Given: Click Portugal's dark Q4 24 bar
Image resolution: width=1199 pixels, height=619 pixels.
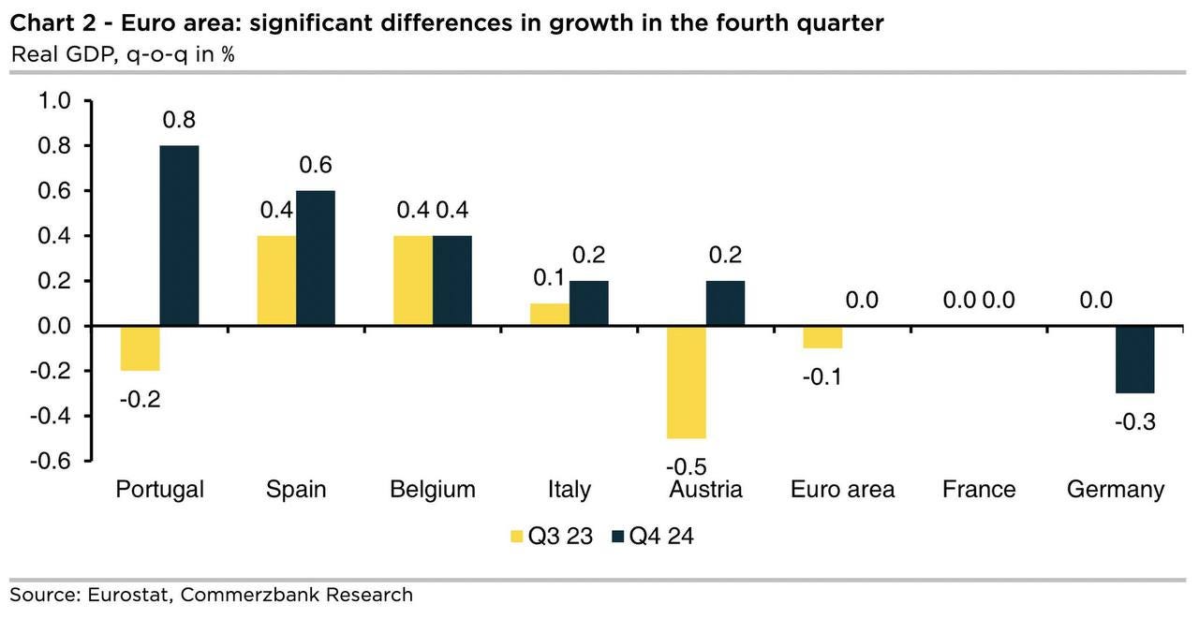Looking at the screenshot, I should point(179,235).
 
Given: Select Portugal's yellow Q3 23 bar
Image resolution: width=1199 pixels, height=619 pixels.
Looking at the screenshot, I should point(141,348).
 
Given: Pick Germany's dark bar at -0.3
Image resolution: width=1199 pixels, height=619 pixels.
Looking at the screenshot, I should point(1134,360).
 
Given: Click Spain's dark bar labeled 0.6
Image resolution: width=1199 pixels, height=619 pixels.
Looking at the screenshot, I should point(315,258).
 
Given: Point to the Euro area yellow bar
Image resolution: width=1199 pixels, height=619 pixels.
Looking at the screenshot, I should point(822,337).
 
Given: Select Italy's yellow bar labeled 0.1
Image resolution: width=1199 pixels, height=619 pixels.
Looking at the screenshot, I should point(550,315).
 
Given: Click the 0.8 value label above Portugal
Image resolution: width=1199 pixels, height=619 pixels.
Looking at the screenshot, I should point(179,121).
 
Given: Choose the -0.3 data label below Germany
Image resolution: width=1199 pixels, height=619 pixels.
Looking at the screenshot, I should point(1134,421).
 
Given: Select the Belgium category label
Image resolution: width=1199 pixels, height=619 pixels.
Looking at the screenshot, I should point(433,489).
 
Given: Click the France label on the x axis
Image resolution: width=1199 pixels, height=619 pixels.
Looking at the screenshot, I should point(979,489).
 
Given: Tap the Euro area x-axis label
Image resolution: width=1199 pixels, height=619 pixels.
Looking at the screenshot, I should point(842,489).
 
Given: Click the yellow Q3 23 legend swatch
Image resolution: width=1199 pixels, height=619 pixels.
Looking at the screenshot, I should point(515,537).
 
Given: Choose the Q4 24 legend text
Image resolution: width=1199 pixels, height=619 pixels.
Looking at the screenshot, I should point(661,537).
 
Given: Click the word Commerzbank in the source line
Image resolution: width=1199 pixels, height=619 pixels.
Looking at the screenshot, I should point(241,594).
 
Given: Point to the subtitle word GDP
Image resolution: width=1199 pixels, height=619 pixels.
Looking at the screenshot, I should point(90,53).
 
